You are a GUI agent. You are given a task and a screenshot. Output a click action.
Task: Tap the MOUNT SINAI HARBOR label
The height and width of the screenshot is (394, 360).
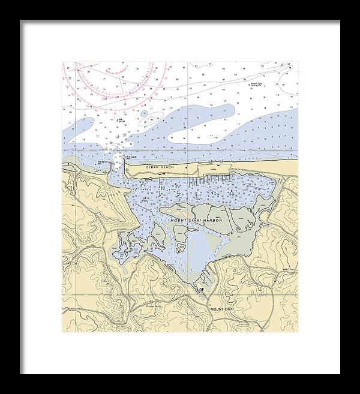click(x=196, y=221)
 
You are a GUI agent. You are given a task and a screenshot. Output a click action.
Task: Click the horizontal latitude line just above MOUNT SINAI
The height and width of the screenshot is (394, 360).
click(x=180, y=296)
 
